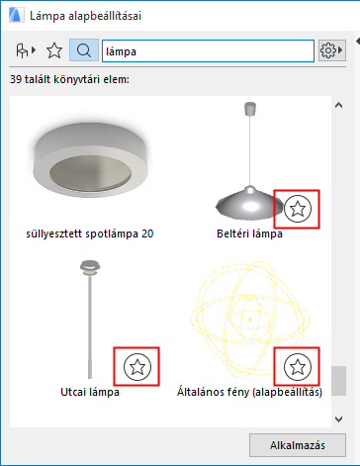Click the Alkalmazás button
(298, 445)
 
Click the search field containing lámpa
(208, 51)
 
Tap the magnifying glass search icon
(84, 50)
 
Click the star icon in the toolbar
(54, 50)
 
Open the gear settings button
(331, 50)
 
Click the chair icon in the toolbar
(26, 50)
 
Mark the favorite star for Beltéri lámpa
(298, 209)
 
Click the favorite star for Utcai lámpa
(137, 367)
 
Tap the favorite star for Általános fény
(298, 367)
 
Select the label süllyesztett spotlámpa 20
(90, 233)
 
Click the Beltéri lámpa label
(249, 233)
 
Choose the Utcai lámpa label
(90, 392)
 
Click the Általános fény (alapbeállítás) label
(249, 392)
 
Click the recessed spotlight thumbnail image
(90, 159)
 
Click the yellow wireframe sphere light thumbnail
(249, 320)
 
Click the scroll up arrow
(338, 105)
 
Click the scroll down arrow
(338, 419)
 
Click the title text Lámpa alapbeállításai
(85, 16)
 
